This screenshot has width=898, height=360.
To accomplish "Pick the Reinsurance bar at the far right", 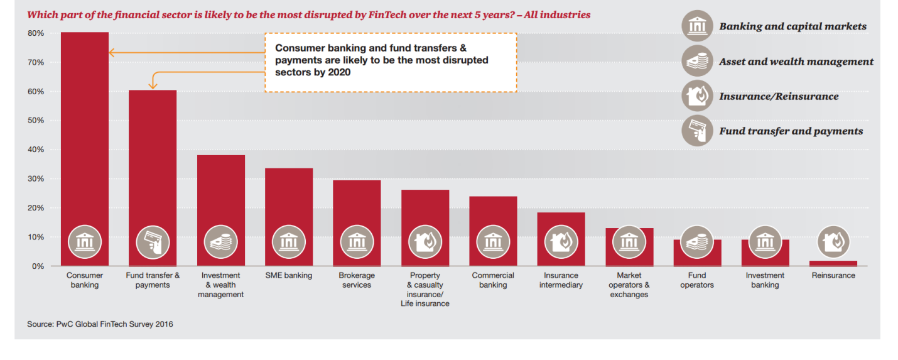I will pyautogui.click(x=833, y=263).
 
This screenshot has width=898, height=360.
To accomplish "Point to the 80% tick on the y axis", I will pyautogui.click(x=35, y=33).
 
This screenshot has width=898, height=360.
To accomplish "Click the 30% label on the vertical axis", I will pyautogui.click(x=35, y=179).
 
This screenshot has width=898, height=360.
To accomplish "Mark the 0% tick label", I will pyautogui.click(x=37, y=266).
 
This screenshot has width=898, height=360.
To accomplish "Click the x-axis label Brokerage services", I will pyautogui.click(x=357, y=280).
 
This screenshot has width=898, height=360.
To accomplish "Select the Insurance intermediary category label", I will pyautogui.click(x=561, y=280).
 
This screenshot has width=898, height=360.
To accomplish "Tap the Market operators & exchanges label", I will pyautogui.click(x=629, y=285).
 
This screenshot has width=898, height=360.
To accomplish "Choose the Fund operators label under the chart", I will pyautogui.click(x=696, y=280).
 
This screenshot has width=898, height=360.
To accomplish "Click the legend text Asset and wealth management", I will pyautogui.click(x=796, y=62).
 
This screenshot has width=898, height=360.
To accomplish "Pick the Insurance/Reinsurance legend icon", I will pyautogui.click(x=697, y=96).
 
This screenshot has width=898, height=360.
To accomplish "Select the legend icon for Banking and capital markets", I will pyautogui.click(x=697, y=26).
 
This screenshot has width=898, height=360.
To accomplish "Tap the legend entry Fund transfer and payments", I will pyautogui.click(x=791, y=131).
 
